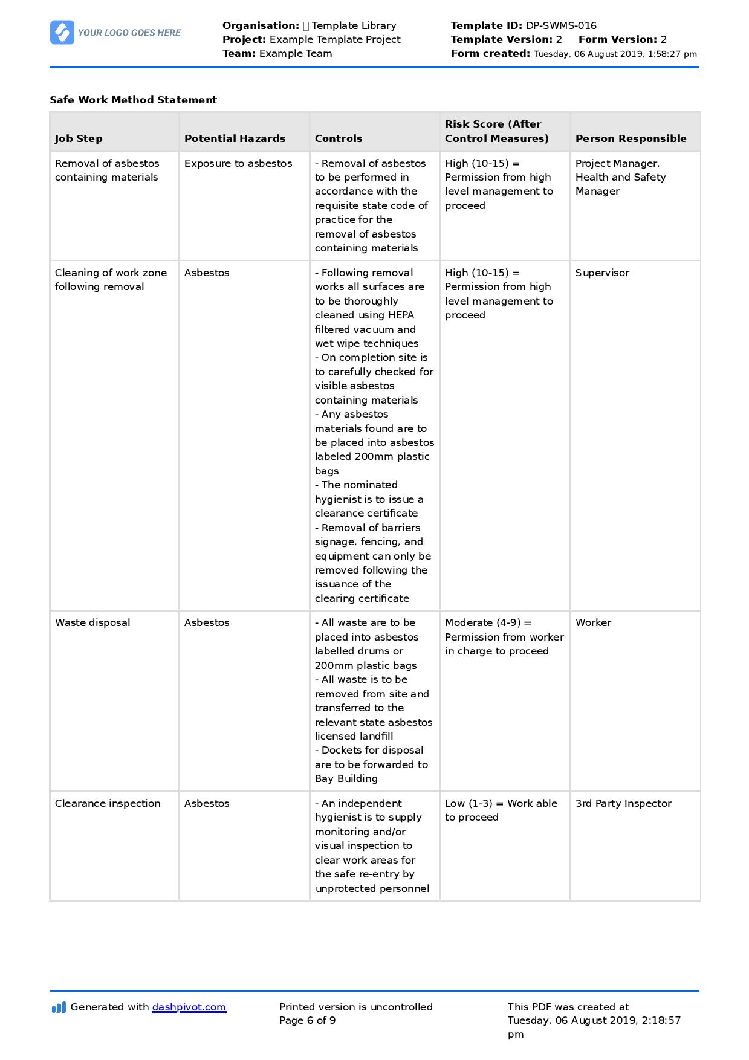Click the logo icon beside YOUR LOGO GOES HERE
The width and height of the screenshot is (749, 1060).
62,33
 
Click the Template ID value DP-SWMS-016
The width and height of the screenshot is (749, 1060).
561,26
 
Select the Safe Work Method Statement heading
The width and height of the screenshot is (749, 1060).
133,100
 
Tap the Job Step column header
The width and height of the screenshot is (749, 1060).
79,138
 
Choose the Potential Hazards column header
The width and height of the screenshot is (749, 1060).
235,138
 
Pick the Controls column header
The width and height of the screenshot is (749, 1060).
339,138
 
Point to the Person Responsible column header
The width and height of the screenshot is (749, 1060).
631,138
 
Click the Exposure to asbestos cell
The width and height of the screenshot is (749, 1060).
238,164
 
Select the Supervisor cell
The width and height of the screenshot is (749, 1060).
602,273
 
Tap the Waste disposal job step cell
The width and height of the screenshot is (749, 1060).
92,623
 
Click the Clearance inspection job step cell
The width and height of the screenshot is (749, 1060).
108,804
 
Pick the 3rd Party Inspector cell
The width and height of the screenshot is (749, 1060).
623,804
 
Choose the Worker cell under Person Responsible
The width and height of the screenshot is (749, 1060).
593,623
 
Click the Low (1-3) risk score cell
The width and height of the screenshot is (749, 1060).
501,810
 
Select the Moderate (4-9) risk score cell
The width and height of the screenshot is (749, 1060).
504,637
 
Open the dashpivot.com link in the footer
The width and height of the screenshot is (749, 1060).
189,1007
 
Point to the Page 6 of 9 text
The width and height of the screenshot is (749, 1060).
307,1021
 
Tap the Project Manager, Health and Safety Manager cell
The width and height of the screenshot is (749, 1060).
620,178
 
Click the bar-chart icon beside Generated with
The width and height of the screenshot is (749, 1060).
59,1007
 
